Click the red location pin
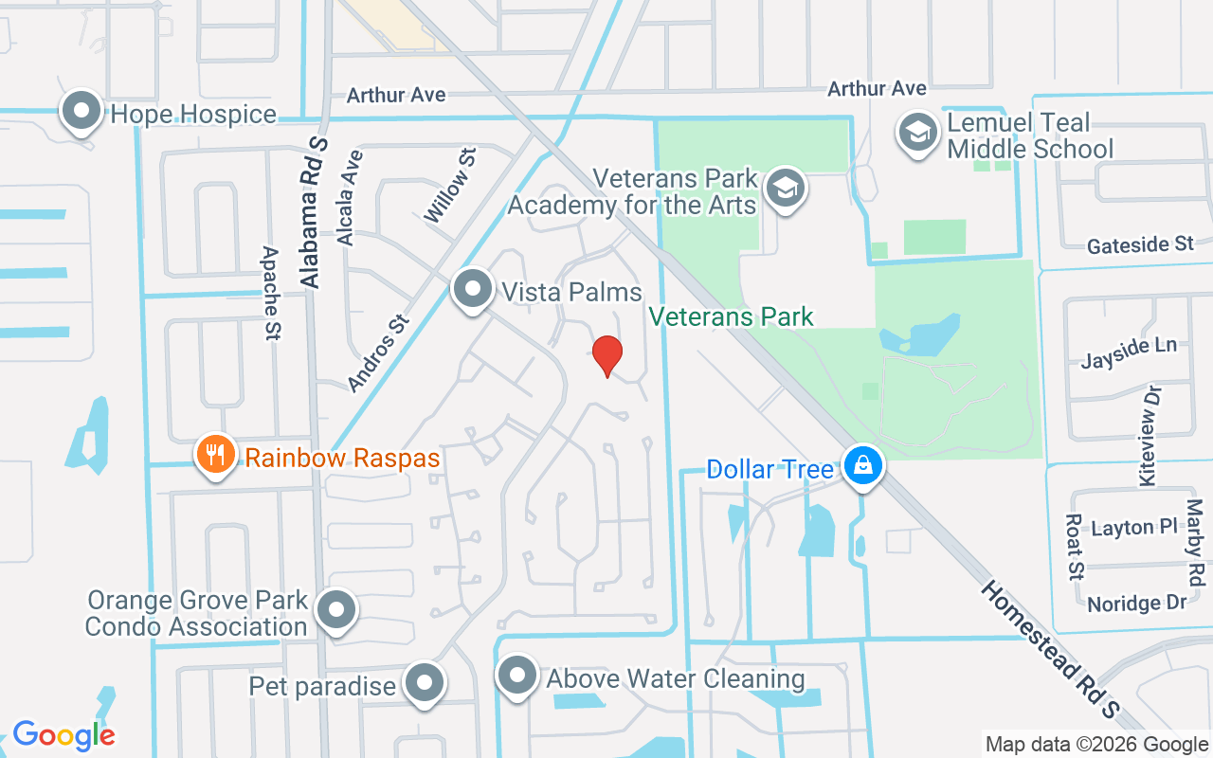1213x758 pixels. [x=606, y=355]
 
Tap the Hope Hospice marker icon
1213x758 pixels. [x=81, y=112]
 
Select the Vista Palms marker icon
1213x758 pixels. [x=472, y=289]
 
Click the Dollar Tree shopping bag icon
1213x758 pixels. [x=862, y=467]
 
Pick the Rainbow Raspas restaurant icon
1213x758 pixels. [x=216, y=456]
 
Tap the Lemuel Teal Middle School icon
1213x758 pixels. [x=917, y=133]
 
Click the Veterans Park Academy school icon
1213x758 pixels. [x=786, y=188]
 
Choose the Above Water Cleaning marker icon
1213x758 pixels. [x=516, y=677]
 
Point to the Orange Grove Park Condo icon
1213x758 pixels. [x=335, y=610]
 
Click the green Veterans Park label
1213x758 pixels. [x=731, y=316]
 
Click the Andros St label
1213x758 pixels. [x=376, y=352]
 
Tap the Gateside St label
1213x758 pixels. [x=1140, y=244]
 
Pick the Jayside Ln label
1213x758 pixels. [x=1129, y=352]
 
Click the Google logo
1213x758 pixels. [x=63, y=734]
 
